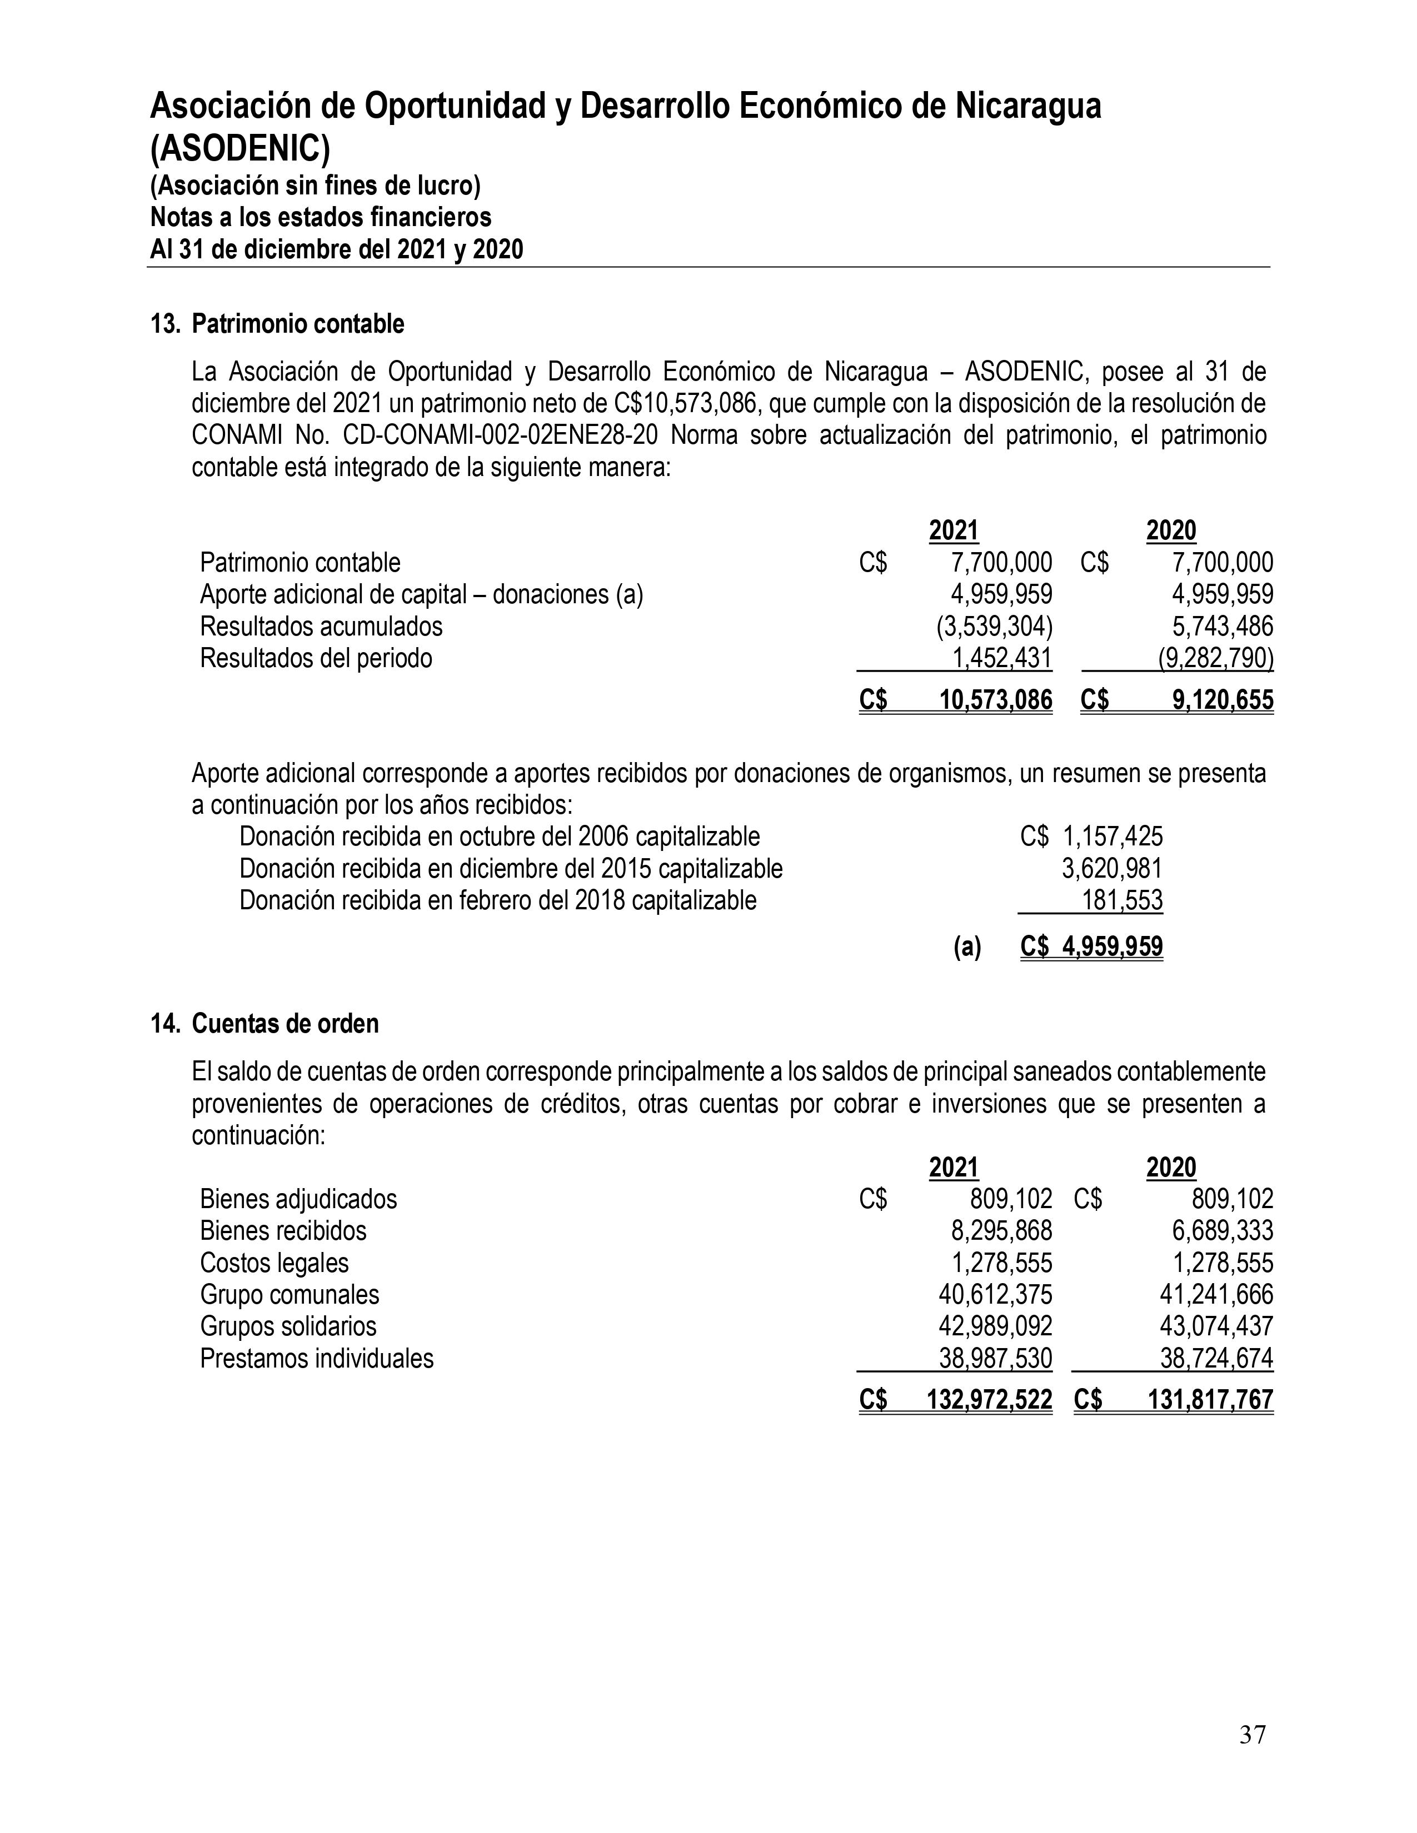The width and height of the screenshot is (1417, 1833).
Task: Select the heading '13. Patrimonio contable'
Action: (277, 324)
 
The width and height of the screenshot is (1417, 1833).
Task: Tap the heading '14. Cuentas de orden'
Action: (265, 1024)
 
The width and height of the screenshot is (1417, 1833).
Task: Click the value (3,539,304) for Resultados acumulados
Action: (994, 626)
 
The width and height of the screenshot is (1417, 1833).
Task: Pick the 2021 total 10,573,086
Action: (996, 700)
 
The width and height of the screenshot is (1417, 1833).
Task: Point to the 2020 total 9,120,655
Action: (1223, 700)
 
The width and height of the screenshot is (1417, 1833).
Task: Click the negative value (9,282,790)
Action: (1215, 658)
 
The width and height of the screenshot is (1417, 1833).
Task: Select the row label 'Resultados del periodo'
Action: (316, 658)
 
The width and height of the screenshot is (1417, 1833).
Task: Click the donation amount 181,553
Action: (1122, 900)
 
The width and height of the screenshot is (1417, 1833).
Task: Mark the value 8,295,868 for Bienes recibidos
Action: (1001, 1231)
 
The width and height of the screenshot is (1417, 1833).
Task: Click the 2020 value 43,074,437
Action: (1216, 1327)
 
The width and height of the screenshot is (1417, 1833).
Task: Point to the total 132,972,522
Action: (989, 1400)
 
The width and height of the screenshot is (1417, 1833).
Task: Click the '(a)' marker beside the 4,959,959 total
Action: (967, 946)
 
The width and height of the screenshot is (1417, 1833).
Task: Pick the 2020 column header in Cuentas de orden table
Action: (1171, 1168)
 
